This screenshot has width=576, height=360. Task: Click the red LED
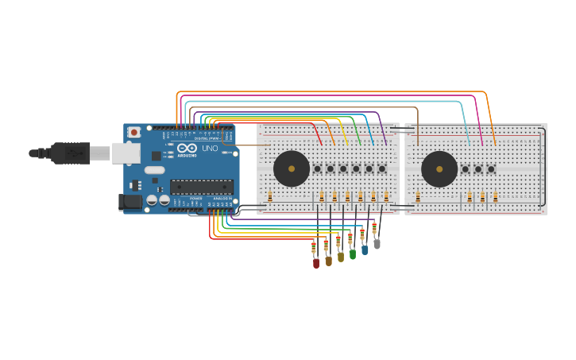click(316, 262)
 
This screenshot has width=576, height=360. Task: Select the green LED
click(353, 254)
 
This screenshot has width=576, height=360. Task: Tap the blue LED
click(365, 250)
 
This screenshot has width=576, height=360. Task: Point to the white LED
click(377, 244)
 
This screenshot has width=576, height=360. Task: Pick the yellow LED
click(341, 257)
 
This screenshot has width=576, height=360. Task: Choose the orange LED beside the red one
click(328, 260)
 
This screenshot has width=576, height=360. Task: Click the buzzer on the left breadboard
click(292, 168)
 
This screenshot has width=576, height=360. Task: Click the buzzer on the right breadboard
click(439, 168)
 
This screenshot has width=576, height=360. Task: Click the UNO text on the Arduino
click(210, 149)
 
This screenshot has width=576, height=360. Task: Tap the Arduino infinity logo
click(187, 148)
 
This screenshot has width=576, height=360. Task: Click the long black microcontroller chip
click(202, 187)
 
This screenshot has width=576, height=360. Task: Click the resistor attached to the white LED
click(374, 229)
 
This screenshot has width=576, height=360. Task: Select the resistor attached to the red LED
click(314, 246)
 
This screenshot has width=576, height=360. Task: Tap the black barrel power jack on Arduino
click(130, 203)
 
